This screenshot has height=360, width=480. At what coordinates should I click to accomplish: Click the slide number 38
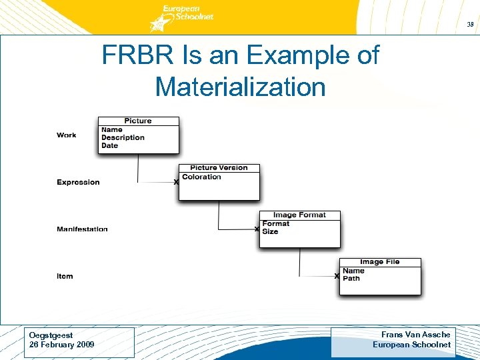click(470, 24)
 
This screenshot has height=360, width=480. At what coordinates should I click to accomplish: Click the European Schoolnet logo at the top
click(183, 17)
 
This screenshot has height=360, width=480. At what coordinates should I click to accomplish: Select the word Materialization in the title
click(240, 87)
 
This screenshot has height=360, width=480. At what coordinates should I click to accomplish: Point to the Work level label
click(67, 135)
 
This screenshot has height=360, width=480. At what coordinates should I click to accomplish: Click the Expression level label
click(78, 183)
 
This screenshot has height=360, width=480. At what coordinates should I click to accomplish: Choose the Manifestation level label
click(82, 229)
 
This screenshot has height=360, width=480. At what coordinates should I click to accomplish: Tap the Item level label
click(65, 276)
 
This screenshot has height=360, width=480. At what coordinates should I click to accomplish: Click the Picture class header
click(138, 121)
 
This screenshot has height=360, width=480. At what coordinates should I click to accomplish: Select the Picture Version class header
click(219, 168)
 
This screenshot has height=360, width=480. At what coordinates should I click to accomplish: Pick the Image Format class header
click(299, 215)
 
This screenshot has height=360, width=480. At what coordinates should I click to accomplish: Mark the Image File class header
click(380, 262)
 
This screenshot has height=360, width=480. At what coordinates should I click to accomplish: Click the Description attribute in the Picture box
click(123, 138)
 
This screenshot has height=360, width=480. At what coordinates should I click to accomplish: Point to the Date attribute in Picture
click(109, 145)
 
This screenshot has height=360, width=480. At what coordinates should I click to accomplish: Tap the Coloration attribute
click(201, 177)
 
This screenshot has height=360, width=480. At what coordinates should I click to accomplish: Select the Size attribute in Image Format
click(270, 231)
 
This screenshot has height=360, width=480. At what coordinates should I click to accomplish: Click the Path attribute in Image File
click(351, 278)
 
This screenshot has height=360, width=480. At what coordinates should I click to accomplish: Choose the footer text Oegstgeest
click(51, 335)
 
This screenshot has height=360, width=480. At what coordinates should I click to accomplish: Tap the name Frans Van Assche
click(415, 335)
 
